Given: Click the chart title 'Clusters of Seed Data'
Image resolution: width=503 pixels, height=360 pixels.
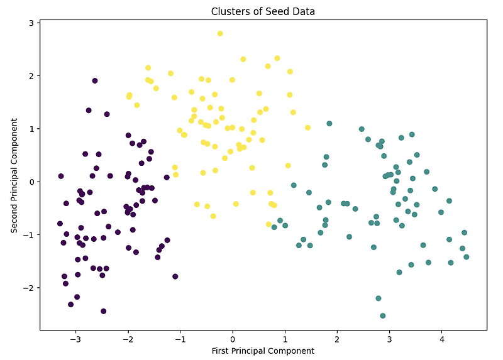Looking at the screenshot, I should click(x=262, y=11).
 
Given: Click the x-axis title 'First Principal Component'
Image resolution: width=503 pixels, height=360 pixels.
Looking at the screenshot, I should click(x=262, y=351).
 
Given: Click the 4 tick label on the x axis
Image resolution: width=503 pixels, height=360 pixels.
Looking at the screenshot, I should click(x=442, y=339).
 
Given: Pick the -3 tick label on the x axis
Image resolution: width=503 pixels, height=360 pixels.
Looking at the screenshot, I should click(x=75, y=339).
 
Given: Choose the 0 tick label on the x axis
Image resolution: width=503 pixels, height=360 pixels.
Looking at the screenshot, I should click(x=233, y=339).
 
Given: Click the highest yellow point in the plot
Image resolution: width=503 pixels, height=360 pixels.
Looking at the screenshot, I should click(x=220, y=33).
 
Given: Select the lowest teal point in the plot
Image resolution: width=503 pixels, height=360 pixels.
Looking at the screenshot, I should click(x=382, y=315).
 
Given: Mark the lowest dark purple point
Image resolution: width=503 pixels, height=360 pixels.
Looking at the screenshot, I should click(x=103, y=311).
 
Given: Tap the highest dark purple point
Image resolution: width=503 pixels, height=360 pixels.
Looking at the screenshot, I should click(x=95, y=81).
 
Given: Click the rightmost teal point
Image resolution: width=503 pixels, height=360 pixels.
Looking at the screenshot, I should click(x=466, y=257).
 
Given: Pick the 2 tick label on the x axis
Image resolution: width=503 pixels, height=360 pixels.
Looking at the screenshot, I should click(x=337, y=339).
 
